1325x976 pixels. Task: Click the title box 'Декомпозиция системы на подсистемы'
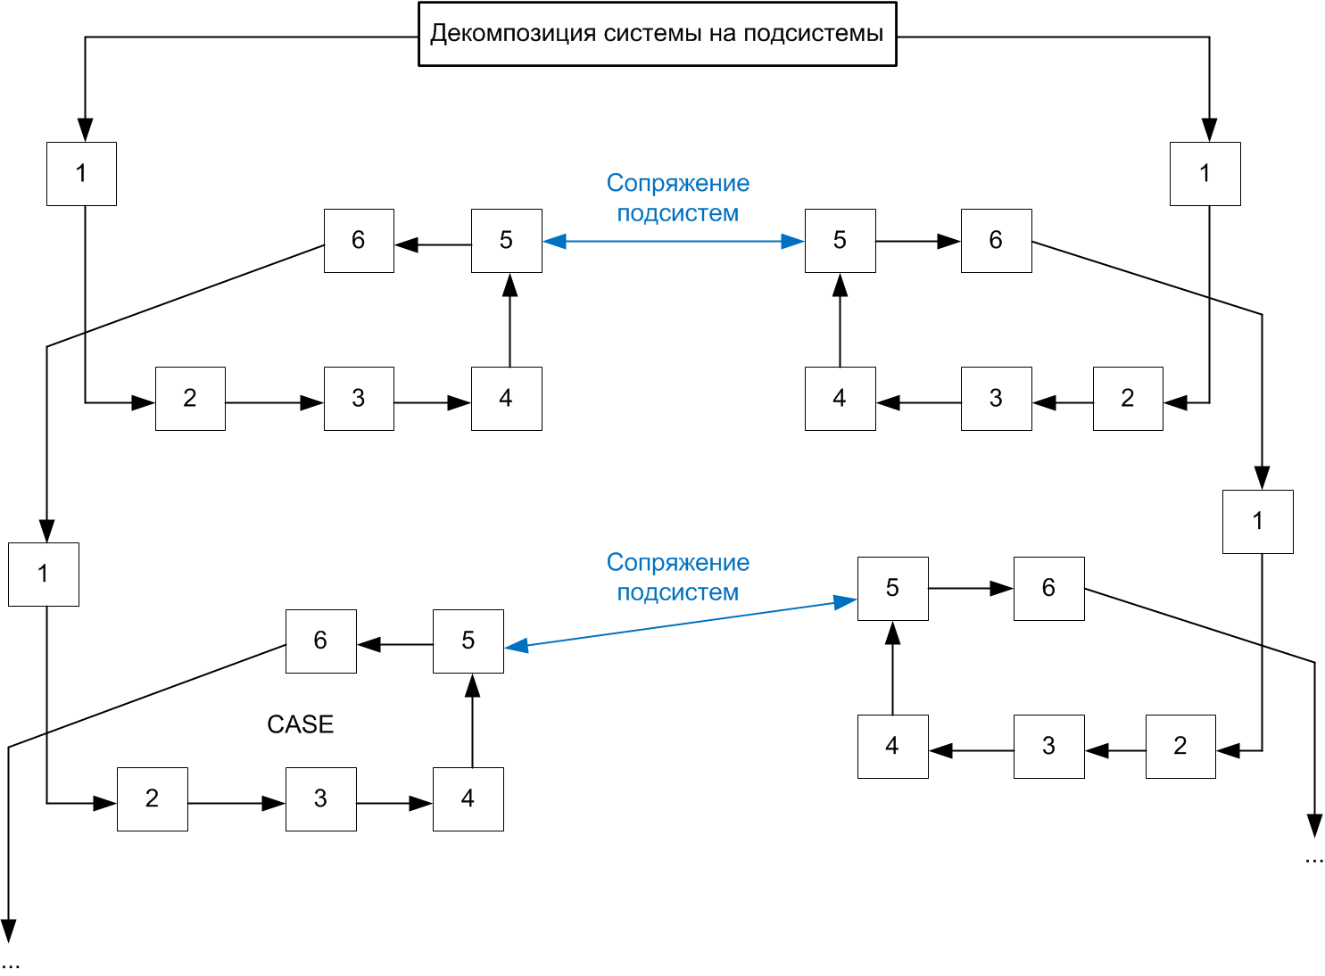tap(657, 34)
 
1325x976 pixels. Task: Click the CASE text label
tap(300, 724)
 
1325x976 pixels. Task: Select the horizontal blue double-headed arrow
tap(674, 241)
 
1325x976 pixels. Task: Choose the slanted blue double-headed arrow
tap(680, 624)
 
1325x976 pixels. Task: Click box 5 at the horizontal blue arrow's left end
tap(506, 241)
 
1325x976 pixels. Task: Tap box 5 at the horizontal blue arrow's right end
tap(840, 241)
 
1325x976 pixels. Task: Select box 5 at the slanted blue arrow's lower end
tap(468, 641)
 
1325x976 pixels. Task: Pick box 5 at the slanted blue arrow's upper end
tap(892, 589)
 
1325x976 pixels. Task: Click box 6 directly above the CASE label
tap(320, 641)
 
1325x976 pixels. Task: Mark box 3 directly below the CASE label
tap(320, 799)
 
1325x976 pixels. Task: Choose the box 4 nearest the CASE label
tap(468, 799)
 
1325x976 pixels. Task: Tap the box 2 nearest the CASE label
tap(152, 799)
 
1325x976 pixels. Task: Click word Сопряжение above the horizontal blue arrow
tap(677, 183)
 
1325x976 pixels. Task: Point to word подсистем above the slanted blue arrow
tap(677, 592)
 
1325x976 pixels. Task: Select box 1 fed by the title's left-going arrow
tap(81, 174)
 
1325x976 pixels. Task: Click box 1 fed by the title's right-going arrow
tap(1205, 174)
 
